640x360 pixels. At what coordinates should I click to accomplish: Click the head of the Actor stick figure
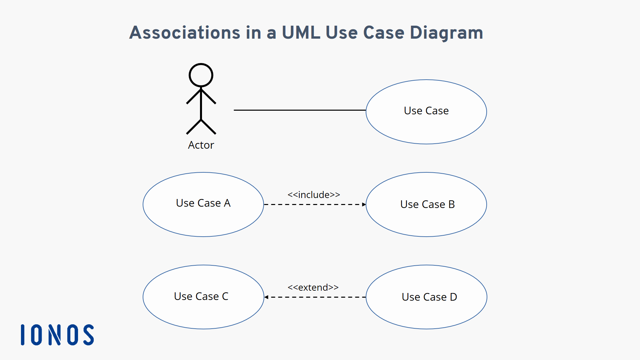coord(201,75)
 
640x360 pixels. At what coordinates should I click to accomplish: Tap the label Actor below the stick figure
coord(201,145)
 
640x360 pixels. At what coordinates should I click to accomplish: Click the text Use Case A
coord(203,203)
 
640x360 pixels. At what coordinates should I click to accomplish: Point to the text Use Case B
coord(427,204)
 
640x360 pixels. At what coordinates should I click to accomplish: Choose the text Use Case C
coord(201,296)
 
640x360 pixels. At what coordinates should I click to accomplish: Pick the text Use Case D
coord(429,297)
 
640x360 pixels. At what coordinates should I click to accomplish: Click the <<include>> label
coord(314,195)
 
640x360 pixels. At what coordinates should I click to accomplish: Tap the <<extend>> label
coord(313,287)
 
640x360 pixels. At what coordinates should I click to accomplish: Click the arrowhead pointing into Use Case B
coord(364,204)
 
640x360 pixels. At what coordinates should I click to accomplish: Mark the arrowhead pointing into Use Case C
coord(266,297)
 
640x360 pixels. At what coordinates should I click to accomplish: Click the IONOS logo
coord(57,335)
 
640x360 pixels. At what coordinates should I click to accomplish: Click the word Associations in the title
coord(185,33)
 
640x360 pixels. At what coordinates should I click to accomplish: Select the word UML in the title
coord(301,33)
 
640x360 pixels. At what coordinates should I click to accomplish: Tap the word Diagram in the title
coord(446,33)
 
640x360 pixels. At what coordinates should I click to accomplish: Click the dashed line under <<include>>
coord(313,204)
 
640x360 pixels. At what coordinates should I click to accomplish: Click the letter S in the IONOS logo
coord(89,335)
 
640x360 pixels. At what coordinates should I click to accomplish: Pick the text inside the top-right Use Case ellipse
coord(426,111)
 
